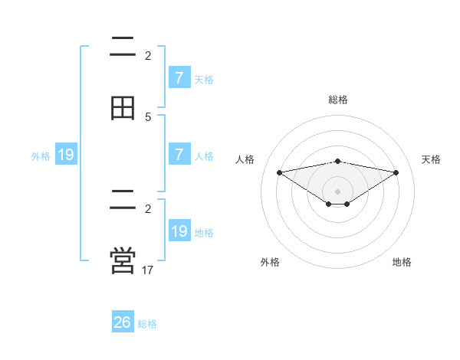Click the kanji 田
[123, 108]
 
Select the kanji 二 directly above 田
[123, 47]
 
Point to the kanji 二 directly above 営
[123, 200]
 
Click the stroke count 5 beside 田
[148, 116]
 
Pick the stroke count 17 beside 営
[148, 270]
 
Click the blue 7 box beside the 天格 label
[179, 77]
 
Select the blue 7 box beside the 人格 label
[179, 154]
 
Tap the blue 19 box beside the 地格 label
[179, 231]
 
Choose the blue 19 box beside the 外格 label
[66, 155]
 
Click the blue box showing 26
[123, 322]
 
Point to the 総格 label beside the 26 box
[147, 324]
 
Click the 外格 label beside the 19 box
[41, 156]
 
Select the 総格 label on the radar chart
[337, 100]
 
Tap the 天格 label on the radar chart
[432, 159]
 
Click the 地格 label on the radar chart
[402, 262]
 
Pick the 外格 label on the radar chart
[270, 262]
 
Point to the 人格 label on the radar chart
[245, 159]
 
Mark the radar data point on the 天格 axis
[396, 172]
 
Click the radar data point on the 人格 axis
[279, 172]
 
